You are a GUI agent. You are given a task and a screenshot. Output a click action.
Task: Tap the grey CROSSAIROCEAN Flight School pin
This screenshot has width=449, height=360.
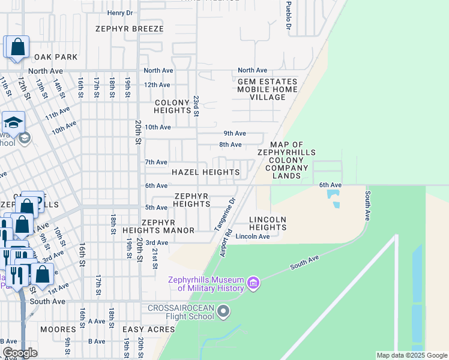(223, 311)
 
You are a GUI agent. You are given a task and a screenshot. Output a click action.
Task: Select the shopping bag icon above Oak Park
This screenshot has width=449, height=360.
(17, 47)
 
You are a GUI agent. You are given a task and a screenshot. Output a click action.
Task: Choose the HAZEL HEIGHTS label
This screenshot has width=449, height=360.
(205, 172)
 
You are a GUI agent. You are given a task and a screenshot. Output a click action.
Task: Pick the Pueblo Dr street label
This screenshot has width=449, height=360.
(288, 18)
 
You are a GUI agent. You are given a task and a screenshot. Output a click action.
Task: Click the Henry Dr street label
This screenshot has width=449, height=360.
(119, 13)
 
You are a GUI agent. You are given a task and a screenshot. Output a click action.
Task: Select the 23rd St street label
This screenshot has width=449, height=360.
(196, 104)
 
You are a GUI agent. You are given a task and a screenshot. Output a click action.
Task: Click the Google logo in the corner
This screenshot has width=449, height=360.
(20, 353)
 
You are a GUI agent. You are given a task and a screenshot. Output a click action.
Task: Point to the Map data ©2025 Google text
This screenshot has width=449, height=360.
(411, 355)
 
